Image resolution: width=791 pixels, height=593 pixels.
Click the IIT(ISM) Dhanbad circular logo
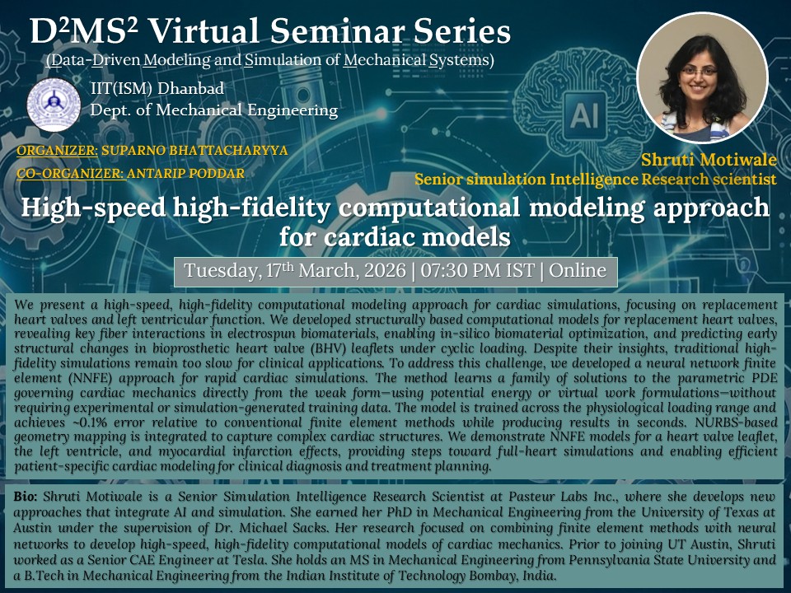click(54, 105)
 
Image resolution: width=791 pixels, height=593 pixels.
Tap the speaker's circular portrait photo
click(702, 78)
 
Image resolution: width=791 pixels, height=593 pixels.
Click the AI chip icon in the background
click(584, 115)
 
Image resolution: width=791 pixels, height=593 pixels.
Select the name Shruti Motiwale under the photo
click(709, 160)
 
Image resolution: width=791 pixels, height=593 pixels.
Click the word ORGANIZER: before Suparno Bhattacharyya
click(58, 150)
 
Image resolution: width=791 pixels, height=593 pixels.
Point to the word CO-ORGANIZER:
click(70, 174)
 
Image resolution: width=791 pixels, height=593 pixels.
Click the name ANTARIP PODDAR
click(185, 174)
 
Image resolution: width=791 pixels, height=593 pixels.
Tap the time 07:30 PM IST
click(477, 271)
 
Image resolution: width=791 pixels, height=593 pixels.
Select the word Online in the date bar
click(578, 271)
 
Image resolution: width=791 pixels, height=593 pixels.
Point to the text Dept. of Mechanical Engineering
click(214, 110)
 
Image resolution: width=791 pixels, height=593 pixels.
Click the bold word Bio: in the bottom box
click(26, 497)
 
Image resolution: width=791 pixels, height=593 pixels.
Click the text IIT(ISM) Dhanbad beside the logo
click(157, 88)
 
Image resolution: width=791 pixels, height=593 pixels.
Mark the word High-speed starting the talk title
click(93, 208)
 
